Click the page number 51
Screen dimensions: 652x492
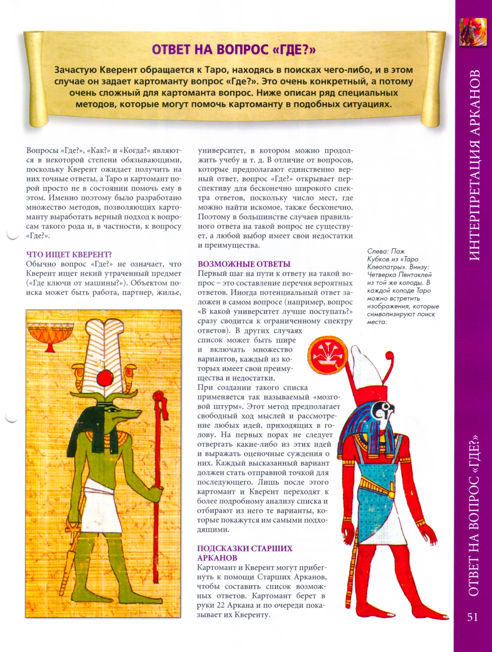(472, 617)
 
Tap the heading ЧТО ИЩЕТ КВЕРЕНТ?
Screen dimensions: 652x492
(69, 254)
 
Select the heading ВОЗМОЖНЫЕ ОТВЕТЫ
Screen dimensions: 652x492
(244, 264)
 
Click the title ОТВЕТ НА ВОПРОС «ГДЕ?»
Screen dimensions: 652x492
(234, 49)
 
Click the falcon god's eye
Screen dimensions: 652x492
(386, 407)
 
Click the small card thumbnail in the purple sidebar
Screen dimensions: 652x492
(473, 31)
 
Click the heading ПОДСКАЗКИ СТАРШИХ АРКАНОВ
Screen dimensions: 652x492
(244, 553)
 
